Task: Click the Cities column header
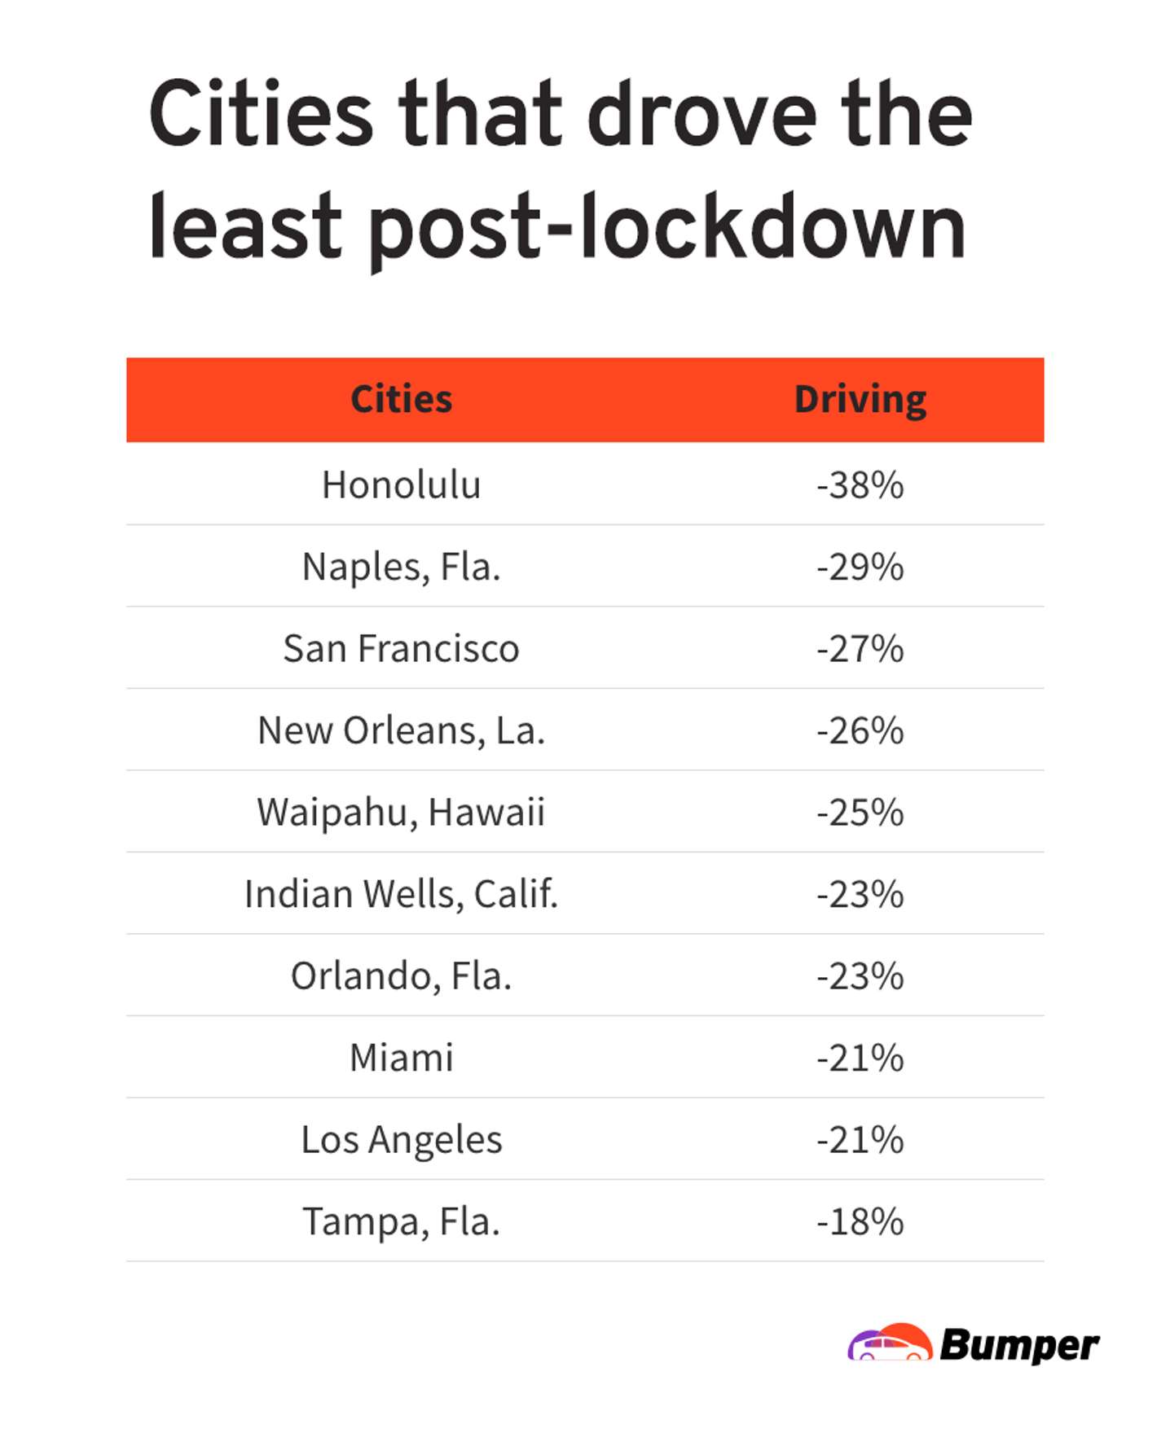pyautogui.click(x=401, y=399)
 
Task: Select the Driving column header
pyautogui.click(x=860, y=399)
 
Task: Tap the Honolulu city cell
pyautogui.click(x=401, y=484)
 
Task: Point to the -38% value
pyautogui.click(x=860, y=484)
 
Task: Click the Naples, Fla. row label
pyautogui.click(x=401, y=567)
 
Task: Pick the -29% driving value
pyautogui.click(x=860, y=567)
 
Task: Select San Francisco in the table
pyautogui.click(x=401, y=649)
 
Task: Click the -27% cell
pyautogui.click(x=860, y=649)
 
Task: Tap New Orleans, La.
pyautogui.click(x=401, y=730)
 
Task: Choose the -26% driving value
pyautogui.click(x=860, y=730)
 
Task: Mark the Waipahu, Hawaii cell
pyautogui.click(x=401, y=812)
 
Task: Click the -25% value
pyautogui.click(x=860, y=812)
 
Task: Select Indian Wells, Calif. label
pyautogui.click(x=401, y=894)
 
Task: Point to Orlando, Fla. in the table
pyautogui.click(x=401, y=975)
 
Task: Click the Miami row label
pyautogui.click(x=401, y=1058)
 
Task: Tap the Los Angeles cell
pyautogui.click(x=401, y=1139)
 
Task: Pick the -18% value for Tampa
pyautogui.click(x=860, y=1221)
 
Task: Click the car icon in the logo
pyautogui.click(x=890, y=1343)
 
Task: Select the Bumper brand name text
pyautogui.click(x=1018, y=1345)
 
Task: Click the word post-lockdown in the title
pyautogui.click(x=666, y=228)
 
